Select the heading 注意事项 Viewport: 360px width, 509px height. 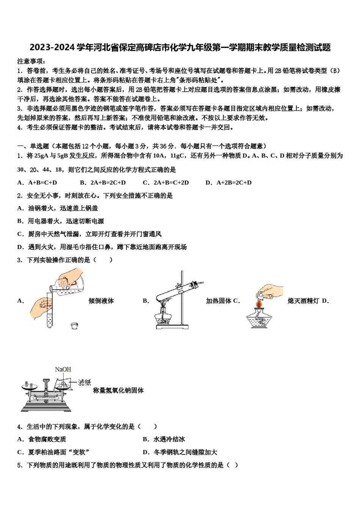pyautogui.click(x=31, y=61)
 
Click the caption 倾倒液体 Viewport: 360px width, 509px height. pyautogui.click(x=101, y=301)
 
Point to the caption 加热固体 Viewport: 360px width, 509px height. pyautogui.click(x=219, y=301)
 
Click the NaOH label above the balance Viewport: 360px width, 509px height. pyautogui.click(x=63, y=369)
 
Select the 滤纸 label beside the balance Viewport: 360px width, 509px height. pyautogui.click(x=85, y=383)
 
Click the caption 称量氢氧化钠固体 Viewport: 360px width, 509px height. pyautogui.click(x=118, y=390)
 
